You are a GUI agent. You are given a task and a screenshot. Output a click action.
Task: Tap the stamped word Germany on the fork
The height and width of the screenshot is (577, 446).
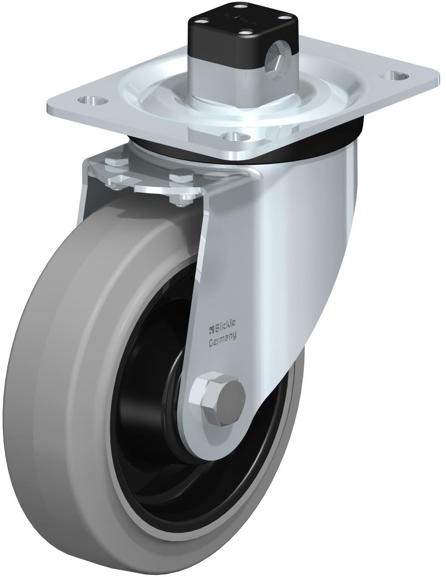[x=223, y=339]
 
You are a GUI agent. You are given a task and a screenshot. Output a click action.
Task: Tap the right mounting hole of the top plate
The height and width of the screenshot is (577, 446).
[x=394, y=76]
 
